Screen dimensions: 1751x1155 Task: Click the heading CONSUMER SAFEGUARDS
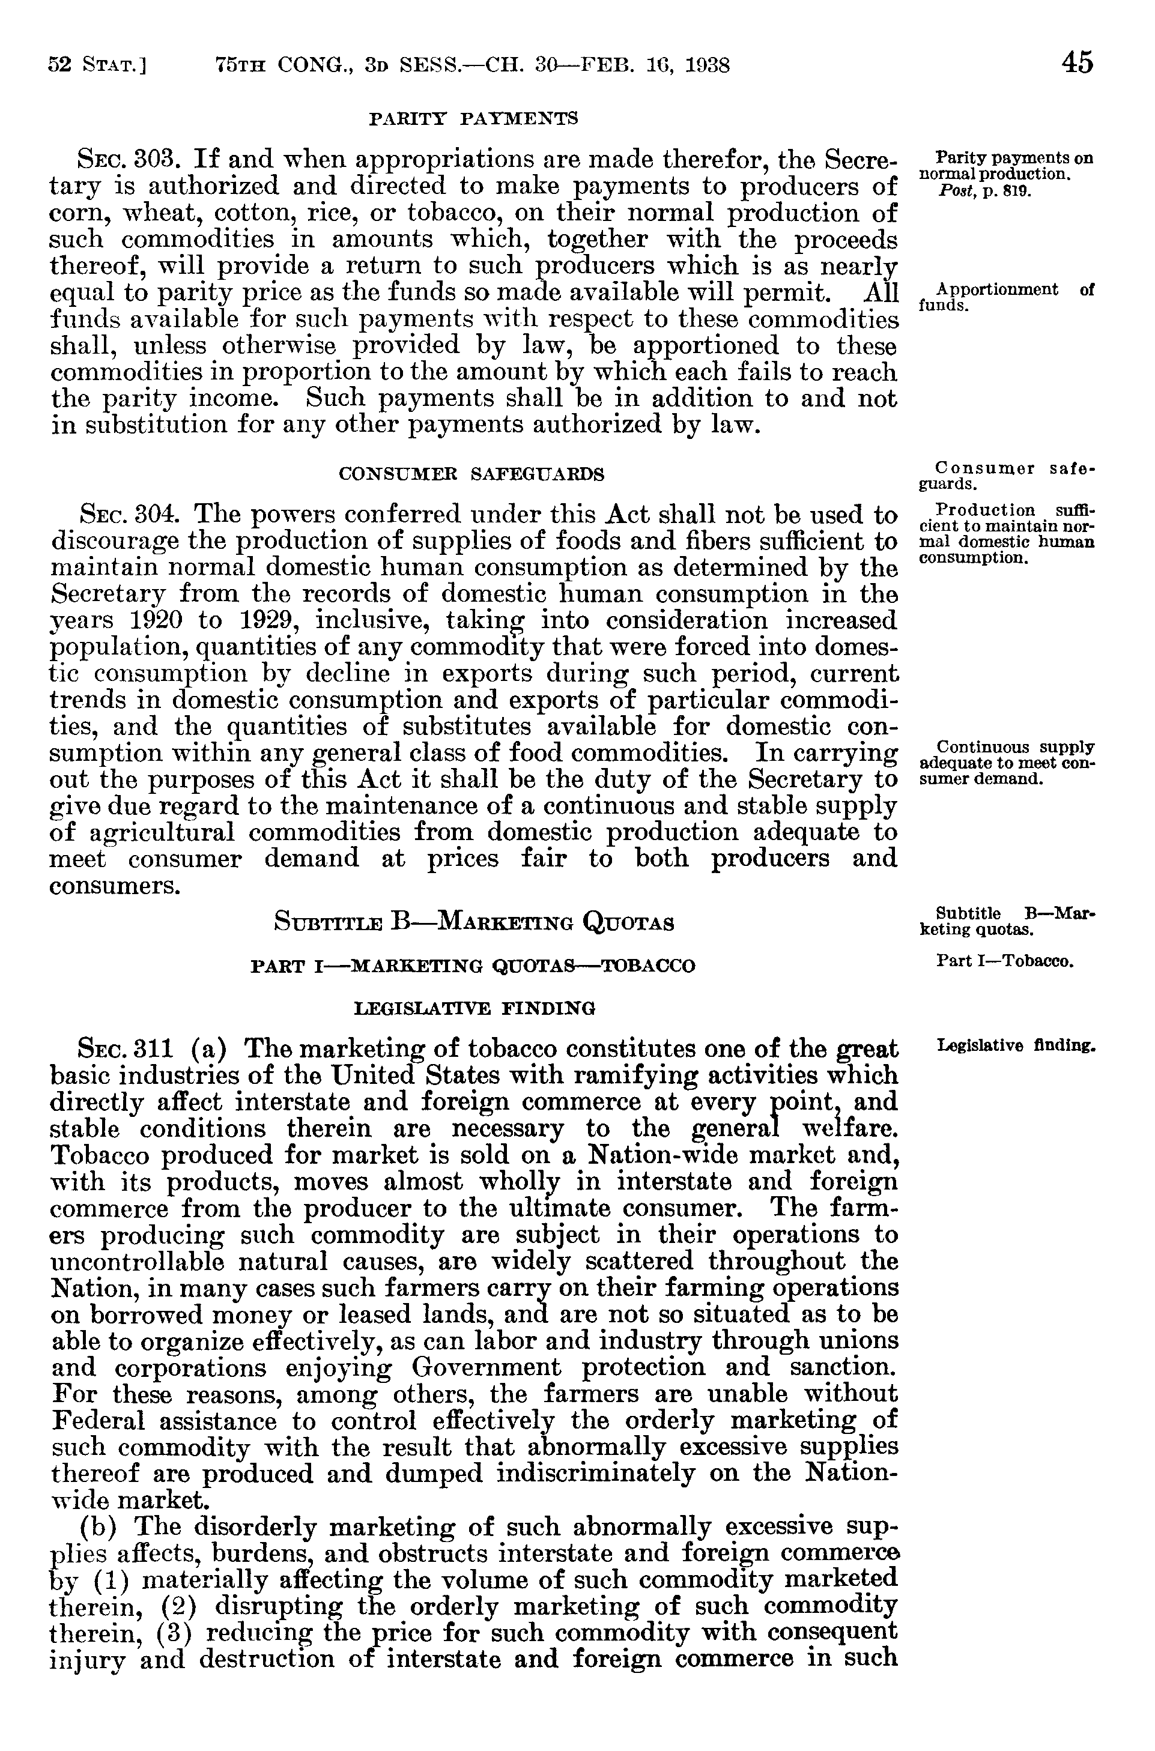[471, 474]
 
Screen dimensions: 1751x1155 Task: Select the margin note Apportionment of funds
[1006, 297]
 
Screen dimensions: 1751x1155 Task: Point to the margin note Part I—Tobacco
[1005, 961]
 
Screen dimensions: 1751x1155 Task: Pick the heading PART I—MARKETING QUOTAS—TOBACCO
[473, 966]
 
